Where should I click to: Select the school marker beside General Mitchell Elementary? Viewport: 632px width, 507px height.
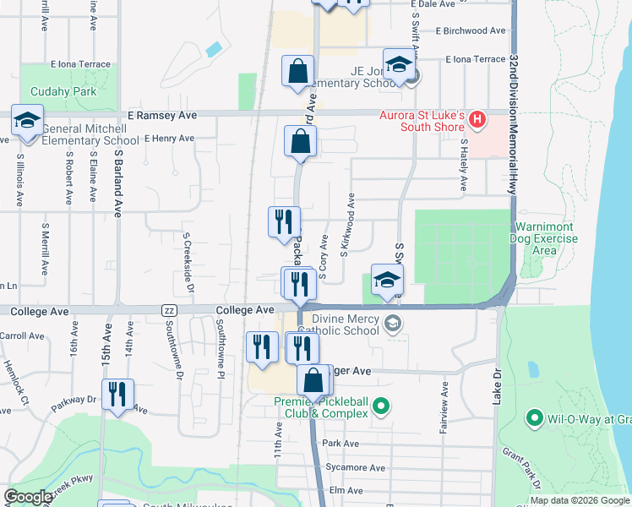point(27,121)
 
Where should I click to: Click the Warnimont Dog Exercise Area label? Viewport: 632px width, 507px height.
point(545,238)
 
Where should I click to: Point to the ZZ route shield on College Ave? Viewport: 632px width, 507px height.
point(169,311)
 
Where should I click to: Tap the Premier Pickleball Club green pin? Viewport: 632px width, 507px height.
point(380,407)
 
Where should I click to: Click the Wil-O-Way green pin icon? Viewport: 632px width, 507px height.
point(533,417)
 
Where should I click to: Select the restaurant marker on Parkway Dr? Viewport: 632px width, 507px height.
point(117,394)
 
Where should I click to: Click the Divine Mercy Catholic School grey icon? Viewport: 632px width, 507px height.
point(393,322)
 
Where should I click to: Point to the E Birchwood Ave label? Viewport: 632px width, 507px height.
point(471,31)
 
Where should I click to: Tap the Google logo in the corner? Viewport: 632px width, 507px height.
point(27,497)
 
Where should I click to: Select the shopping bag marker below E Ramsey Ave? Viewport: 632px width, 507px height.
point(301,143)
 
